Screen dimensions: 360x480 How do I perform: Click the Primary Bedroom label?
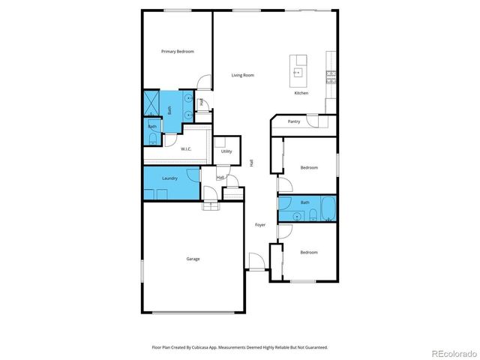click(x=178, y=51)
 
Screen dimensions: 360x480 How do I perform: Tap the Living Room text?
click(x=242, y=75)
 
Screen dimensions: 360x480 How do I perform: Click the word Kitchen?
click(x=301, y=93)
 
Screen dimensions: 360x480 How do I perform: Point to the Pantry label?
click(x=294, y=121)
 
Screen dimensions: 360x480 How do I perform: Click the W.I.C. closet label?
click(x=186, y=148)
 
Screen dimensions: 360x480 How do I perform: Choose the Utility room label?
click(x=226, y=151)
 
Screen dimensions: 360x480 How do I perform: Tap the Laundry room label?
click(x=170, y=178)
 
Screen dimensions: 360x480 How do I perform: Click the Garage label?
click(x=193, y=259)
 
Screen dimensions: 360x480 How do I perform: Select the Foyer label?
click(x=260, y=224)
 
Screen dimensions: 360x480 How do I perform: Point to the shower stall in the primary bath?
click(x=152, y=103)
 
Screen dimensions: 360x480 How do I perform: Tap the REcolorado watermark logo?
click(x=450, y=352)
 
